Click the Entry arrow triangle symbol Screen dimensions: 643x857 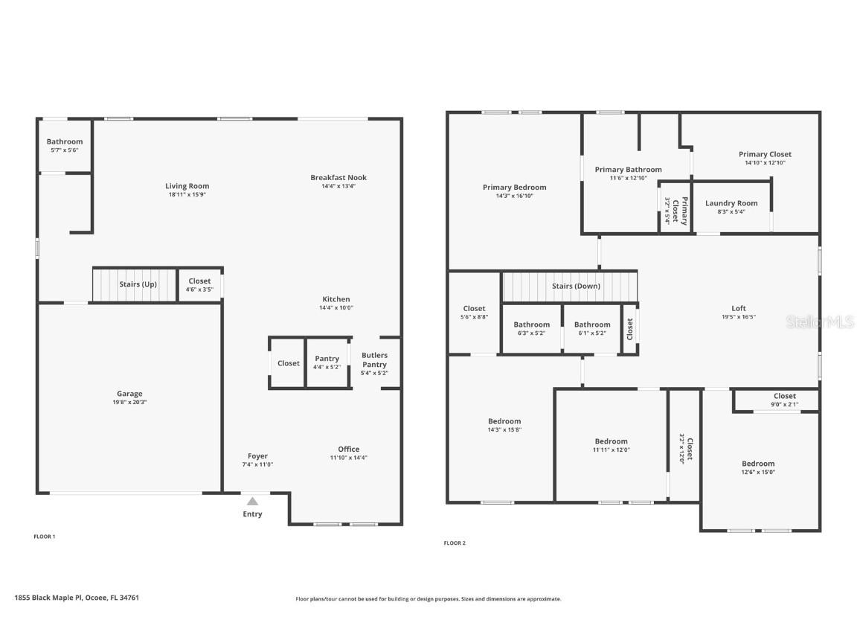253,502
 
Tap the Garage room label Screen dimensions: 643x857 129,394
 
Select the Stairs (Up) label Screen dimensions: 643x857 138,284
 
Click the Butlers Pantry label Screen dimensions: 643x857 374,360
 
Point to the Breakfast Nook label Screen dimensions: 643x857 338,177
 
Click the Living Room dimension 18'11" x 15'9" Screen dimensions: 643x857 187,195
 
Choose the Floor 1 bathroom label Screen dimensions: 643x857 65,141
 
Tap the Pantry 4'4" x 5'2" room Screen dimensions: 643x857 327,362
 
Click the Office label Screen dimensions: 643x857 348,449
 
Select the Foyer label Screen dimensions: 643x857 257,456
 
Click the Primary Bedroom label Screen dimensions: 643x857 514,188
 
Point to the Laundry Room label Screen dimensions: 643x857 731,203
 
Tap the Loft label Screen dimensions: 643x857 738,308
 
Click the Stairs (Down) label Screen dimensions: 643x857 576,286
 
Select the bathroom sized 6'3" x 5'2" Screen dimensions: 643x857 531,328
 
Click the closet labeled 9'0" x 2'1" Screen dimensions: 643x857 784,400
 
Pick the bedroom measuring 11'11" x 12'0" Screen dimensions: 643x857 611,445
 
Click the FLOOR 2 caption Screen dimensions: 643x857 455,543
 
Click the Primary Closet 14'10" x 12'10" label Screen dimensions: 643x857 765,158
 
